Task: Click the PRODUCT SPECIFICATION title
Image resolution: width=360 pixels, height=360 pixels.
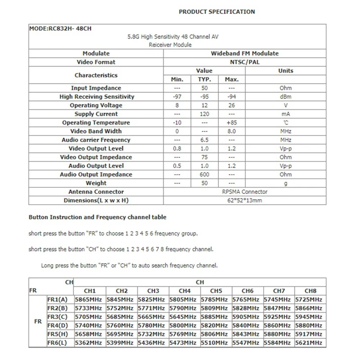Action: [216, 12]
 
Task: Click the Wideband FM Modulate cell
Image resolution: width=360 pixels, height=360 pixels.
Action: [244, 53]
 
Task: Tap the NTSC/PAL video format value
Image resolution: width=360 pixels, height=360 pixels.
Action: [244, 62]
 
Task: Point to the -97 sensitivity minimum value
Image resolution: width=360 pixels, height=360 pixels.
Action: [177, 97]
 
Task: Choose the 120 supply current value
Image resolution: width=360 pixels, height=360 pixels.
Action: [205, 114]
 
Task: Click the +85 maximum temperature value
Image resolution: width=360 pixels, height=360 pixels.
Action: [232, 123]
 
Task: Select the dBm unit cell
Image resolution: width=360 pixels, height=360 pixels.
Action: [285, 97]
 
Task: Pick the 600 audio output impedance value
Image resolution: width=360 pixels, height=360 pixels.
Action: [205, 175]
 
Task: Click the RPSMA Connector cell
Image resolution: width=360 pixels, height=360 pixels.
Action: [244, 192]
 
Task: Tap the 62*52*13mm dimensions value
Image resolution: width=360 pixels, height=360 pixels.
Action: [244, 201]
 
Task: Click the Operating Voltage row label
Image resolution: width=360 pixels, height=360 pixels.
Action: [96, 105]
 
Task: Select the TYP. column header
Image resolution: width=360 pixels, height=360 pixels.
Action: [205, 80]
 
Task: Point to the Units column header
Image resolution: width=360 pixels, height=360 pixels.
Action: [285, 71]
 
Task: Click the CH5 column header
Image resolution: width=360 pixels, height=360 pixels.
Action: [216, 291]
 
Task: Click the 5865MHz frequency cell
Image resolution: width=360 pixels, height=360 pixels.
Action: [89, 299]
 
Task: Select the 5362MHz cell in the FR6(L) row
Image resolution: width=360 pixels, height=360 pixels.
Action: [89, 343]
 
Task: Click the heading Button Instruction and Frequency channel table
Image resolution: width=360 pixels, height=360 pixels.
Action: [97, 217]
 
